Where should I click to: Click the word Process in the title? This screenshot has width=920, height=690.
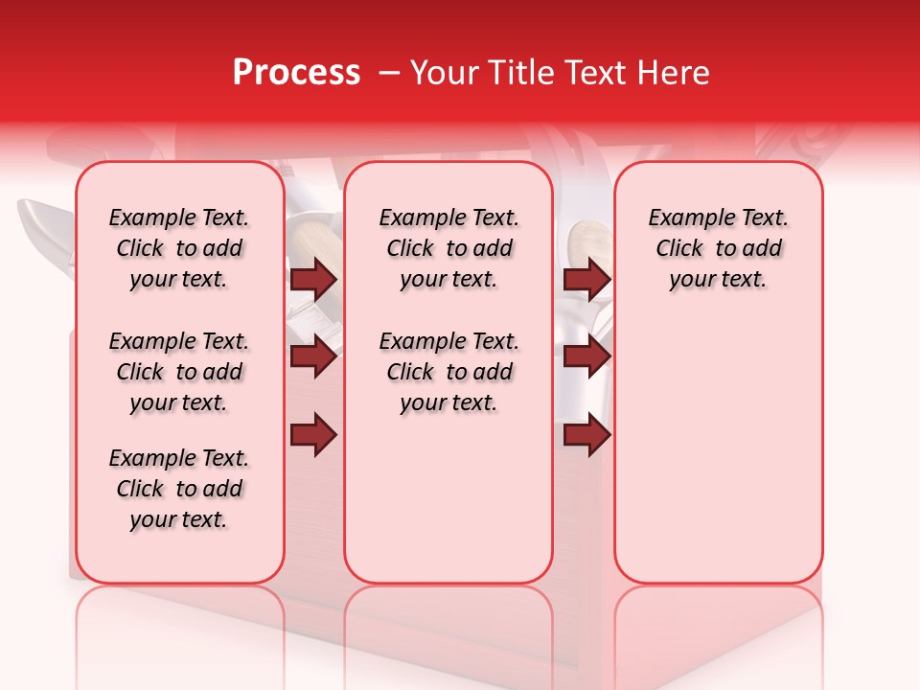tap(296, 73)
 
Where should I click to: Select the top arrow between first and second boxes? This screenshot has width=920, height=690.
tap(313, 280)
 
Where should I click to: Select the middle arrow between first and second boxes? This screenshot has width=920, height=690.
tap(313, 357)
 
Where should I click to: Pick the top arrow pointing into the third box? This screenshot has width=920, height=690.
tap(586, 280)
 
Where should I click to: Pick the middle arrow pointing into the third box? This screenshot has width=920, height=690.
tap(586, 357)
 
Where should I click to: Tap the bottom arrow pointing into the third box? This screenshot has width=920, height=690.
tap(586, 435)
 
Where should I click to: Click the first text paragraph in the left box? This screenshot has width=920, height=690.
tap(179, 248)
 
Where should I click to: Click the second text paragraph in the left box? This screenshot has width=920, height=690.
tap(179, 372)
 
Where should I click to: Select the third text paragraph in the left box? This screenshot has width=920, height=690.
tap(179, 489)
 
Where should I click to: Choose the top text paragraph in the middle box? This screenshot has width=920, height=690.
tap(448, 248)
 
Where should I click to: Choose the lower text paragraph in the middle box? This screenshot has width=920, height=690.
tap(448, 372)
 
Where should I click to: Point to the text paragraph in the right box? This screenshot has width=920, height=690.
tap(718, 248)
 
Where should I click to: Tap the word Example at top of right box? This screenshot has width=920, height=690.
tap(682, 218)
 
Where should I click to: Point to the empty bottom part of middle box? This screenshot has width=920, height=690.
tap(448, 508)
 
